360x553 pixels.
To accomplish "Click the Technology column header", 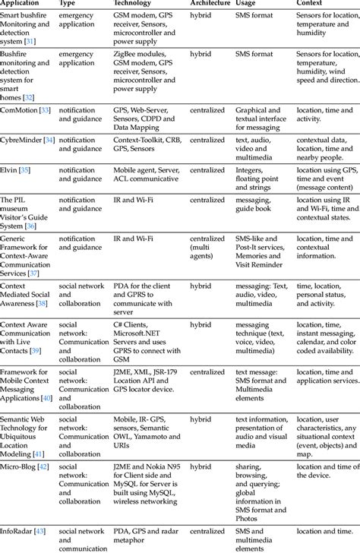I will pyautogui.click(x=137, y=3).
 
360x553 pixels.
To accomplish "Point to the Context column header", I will pyautogui.click(x=311, y=3).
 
